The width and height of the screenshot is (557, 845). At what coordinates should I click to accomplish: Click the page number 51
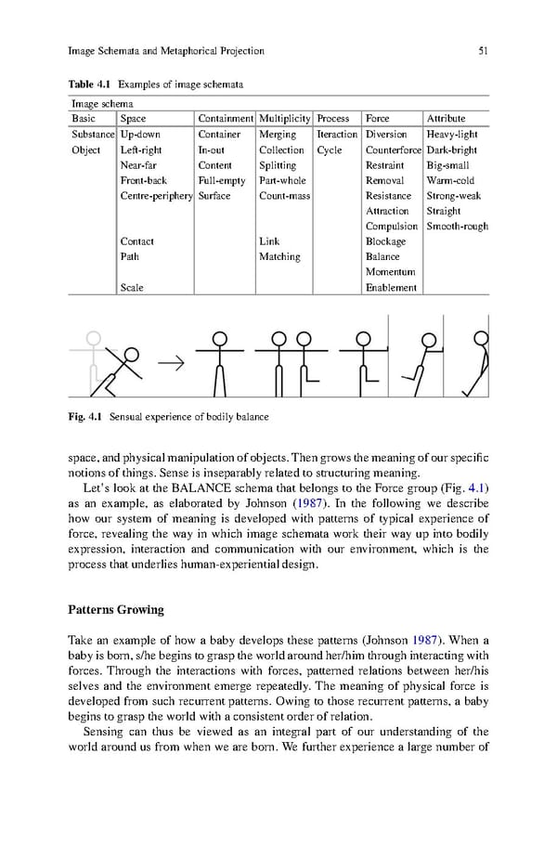point(483,51)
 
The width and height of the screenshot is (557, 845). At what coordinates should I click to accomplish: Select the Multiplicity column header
point(284,119)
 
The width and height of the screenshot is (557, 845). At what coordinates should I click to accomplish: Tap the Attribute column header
point(446,119)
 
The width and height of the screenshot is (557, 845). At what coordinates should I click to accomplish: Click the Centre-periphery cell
point(156,196)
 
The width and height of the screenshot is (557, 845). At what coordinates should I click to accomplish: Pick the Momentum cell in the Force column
point(390,272)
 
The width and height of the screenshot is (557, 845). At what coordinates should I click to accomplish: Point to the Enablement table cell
point(391,288)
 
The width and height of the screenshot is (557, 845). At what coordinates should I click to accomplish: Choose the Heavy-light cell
point(452,135)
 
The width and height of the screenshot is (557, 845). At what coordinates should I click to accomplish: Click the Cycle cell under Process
point(329,149)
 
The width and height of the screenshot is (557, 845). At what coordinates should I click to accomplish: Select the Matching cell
point(279,257)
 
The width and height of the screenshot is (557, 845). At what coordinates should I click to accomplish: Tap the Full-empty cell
point(222,181)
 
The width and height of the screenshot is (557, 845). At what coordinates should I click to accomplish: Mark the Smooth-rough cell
point(457,227)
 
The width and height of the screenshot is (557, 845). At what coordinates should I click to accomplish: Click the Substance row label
point(92,135)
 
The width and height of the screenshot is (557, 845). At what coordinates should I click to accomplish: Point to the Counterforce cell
point(394,149)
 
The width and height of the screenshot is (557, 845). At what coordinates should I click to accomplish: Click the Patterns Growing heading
point(116,610)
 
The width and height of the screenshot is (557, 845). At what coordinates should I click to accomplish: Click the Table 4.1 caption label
point(89,85)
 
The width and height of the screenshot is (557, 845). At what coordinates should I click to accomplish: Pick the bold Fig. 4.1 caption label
point(86,417)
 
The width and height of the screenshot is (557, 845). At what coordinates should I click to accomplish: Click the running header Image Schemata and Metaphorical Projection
point(166,51)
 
